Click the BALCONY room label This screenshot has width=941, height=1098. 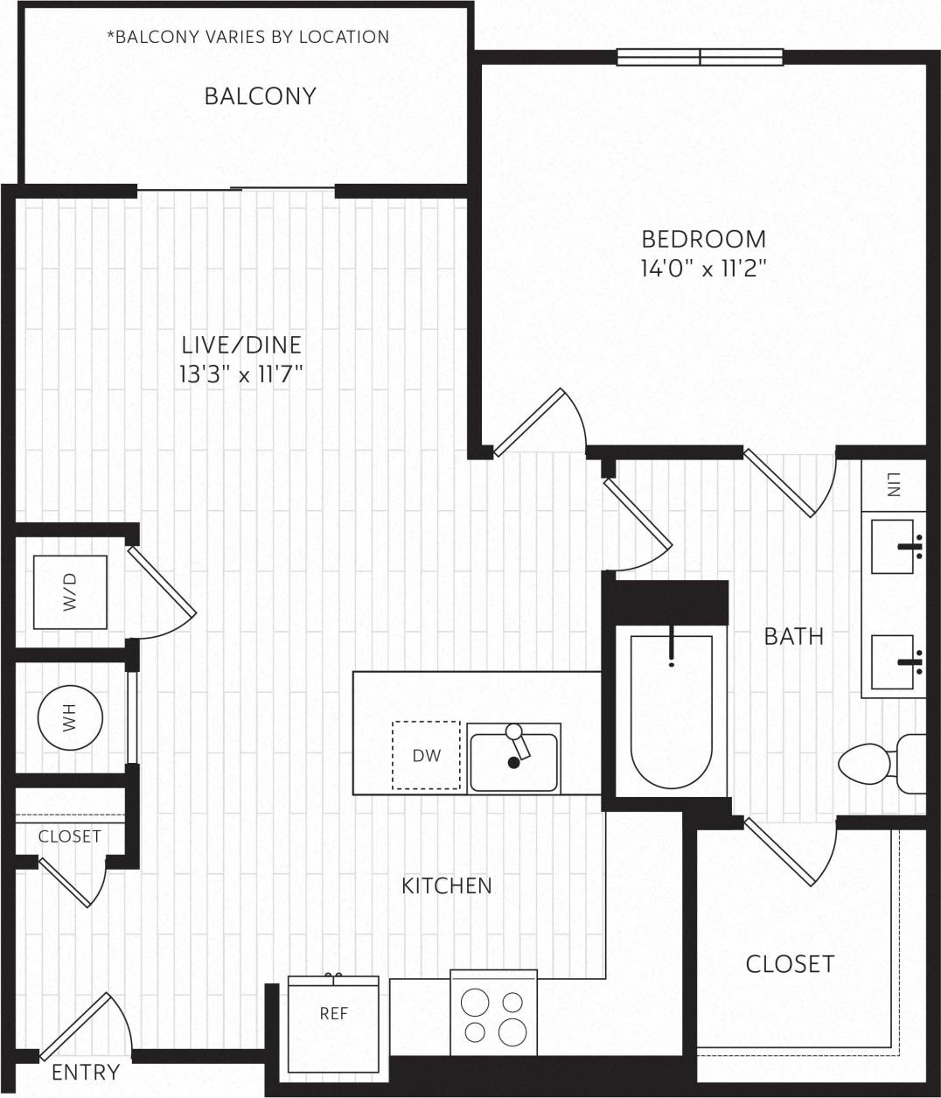tap(260, 95)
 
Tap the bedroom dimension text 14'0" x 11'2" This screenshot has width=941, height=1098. tap(703, 268)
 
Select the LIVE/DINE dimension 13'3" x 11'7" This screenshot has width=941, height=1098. tap(240, 374)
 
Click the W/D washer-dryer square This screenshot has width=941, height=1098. tap(70, 591)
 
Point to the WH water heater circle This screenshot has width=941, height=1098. tap(70, 717)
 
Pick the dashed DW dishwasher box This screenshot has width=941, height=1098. tap(426, 755)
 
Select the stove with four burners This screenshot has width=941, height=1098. tap(493, 1016)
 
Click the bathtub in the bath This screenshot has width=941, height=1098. tap(671, 713)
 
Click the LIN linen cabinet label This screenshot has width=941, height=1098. tap(893, 484)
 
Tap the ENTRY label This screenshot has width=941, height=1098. tap(86, 1072)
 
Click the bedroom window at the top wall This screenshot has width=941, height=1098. tap(700, 57)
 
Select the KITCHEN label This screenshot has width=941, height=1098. tap(446, 885)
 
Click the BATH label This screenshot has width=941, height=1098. tap(793, 636)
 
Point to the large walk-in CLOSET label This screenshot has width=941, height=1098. tap(790, 963)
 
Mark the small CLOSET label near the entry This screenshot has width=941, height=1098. tap(69, 836)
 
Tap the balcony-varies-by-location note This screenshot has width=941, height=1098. tap(247, 37)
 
